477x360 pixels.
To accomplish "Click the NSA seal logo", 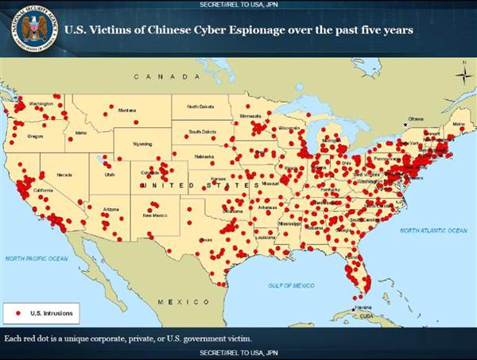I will coord(33,29).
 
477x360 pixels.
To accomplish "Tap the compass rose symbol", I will coord(463,75).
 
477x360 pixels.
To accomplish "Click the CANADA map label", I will coord(165,76).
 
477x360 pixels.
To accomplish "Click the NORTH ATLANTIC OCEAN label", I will coord(433,230).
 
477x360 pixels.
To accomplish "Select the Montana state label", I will coord(127,110).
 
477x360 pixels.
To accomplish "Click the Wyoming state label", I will coord(142,145).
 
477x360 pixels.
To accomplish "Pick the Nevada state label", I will coord(64,174).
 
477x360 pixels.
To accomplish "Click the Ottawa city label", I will coord(416,118).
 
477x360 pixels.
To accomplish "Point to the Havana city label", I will coord(363,307).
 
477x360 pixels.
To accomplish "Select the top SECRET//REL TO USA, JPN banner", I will coord(238,5).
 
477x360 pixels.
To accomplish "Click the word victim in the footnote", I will coord(236,339).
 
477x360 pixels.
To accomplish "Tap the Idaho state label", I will coord(81,133).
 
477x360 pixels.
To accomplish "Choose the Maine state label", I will coord(458,124).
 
